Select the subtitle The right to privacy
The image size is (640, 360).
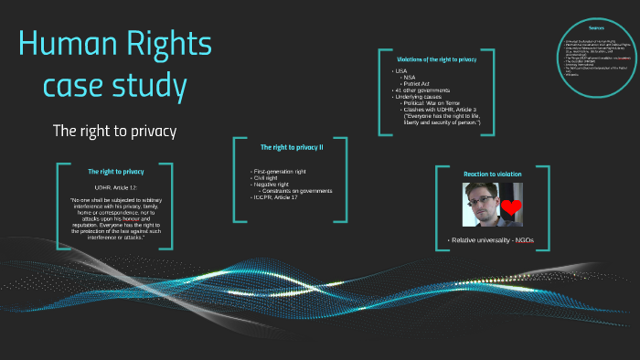[x=114, y=132]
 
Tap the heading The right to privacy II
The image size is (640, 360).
[x=292, y=147]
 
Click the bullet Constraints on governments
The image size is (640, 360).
[x=296, y=190]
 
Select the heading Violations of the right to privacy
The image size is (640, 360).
[x=430, y=58]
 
